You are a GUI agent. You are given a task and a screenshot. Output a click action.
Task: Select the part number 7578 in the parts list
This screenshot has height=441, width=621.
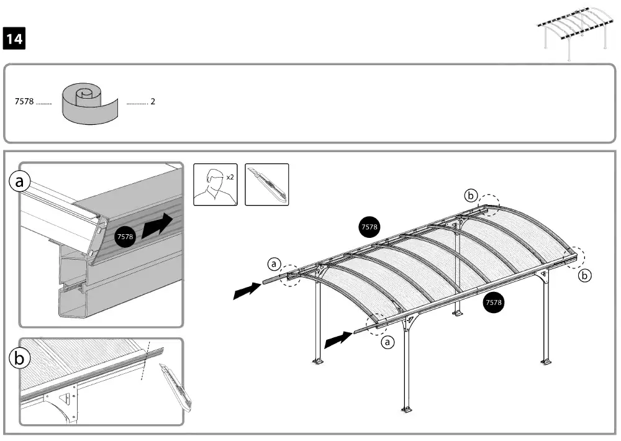[24, 102]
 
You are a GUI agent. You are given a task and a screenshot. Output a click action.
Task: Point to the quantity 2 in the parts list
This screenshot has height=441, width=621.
[152, 102]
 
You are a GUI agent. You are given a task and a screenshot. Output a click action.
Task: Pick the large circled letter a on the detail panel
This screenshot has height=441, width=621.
[19, 181]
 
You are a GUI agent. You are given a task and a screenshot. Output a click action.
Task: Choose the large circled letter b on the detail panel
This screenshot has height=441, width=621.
[19, 358]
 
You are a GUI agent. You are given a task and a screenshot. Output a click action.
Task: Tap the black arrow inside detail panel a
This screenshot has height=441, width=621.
[158, 226]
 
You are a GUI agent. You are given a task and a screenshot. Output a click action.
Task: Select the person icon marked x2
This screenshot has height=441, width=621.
[215, 184]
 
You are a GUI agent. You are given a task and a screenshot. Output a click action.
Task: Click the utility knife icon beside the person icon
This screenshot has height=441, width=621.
[267, 184]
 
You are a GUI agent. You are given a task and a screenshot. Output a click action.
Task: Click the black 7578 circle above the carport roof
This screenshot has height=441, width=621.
[369, 227]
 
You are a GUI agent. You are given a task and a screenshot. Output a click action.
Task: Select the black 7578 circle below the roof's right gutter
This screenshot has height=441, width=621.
[494, 302]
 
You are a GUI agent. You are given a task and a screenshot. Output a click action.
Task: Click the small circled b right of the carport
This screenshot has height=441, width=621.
[584, 276]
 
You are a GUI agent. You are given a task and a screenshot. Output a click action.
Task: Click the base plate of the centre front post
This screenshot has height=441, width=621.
[406, 409]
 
